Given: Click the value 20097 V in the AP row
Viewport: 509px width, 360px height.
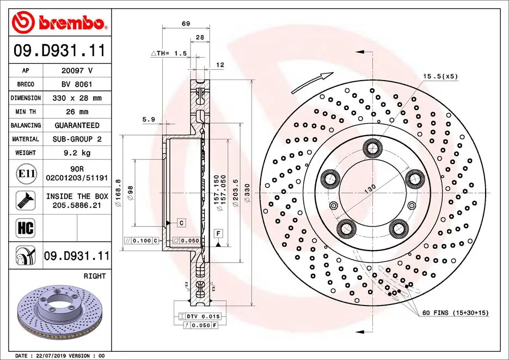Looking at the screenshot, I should pos(76,70).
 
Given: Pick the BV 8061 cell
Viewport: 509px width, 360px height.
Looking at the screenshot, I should pos(76,84).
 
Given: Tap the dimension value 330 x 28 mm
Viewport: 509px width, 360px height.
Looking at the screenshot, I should pos(76,98).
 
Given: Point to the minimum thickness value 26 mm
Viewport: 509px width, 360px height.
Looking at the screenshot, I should pos(76,112).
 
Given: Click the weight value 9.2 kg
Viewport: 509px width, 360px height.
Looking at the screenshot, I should pos(76,153).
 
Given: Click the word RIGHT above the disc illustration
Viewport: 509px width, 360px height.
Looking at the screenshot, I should pos(95,276).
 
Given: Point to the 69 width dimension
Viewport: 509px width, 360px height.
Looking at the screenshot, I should pos(186,23).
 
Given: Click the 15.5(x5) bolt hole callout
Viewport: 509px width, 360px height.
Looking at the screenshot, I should pos(440,76).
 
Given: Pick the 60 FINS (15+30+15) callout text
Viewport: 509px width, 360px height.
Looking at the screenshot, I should pos(455,313).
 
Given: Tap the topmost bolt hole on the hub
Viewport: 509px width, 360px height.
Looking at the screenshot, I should pos(373,147).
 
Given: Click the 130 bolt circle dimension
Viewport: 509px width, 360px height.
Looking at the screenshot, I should pos(370,188).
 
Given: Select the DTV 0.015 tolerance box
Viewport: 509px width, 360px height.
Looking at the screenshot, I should pos(199,316).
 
